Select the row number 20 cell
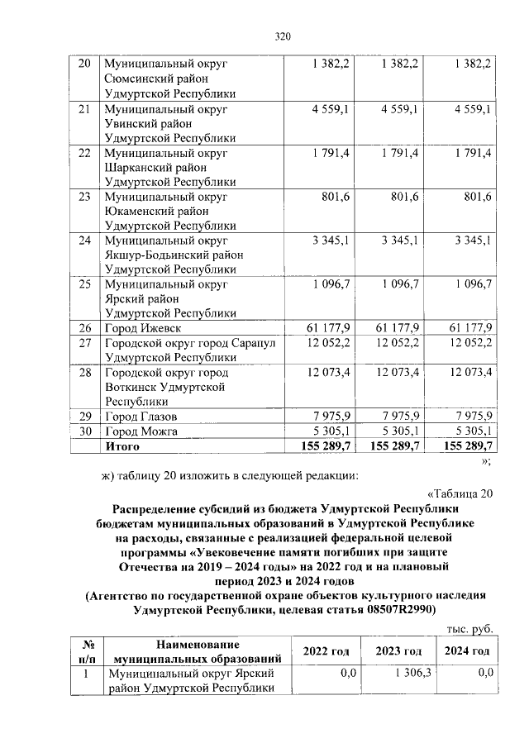click(83, 64)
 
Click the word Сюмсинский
click(136, 79)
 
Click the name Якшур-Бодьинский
click(155, 256)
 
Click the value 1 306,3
click(406, 674)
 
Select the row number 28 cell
click(83, 373)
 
